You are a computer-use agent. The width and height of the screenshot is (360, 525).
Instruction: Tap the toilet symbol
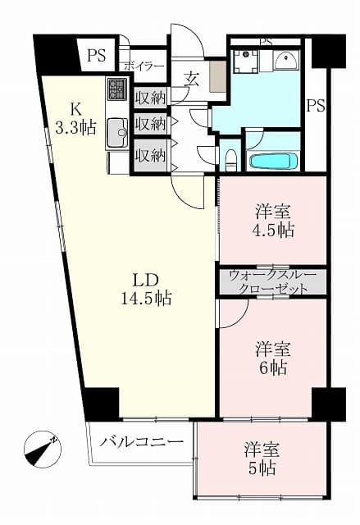[230, 159]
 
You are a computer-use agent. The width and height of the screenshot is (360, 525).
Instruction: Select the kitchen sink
[117, 133]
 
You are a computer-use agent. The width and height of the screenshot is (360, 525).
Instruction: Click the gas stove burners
[116, 89]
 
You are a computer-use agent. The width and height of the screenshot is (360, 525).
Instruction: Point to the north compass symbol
[42, 450]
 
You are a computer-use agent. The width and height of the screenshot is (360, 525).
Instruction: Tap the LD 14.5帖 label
[146, 290]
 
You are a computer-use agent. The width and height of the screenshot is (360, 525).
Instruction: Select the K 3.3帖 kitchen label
[75, 118]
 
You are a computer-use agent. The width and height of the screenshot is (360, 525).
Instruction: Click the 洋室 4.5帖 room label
[273, 221]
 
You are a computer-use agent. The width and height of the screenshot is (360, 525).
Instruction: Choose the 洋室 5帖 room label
[262, 459]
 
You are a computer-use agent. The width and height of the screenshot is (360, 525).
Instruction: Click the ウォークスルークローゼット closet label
[273, 282]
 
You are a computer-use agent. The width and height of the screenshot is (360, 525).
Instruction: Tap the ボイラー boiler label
[144, 66]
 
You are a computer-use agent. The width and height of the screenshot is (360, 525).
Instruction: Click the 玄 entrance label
[193, 80]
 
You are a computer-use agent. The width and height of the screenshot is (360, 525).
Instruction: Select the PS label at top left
[97, 55]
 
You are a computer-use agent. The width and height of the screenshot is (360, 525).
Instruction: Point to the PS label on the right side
[316, 106]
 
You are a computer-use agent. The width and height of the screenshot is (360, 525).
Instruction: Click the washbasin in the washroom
[286, 60]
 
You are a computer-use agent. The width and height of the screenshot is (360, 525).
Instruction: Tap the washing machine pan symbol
[246, 61]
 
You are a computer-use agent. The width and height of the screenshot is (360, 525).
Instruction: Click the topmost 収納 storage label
[151, 98]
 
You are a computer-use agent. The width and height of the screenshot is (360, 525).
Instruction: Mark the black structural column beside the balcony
[102, 404]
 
